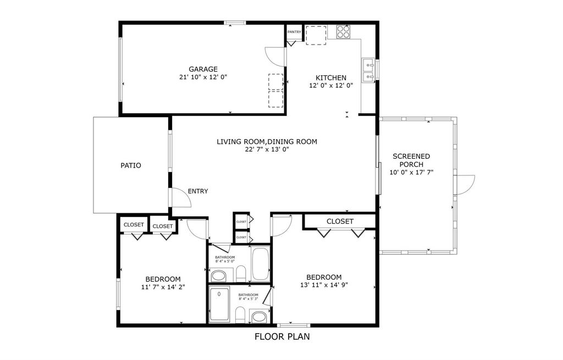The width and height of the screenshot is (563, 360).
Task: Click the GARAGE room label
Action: pyautogui.click(x=203, y=69)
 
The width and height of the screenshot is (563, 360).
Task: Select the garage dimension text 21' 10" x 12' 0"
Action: pyautogui.click(x=203, y=77)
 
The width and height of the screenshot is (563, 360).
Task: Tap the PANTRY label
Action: pyautogui.click(x=294, y=32)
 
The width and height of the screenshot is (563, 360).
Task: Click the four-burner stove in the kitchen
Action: pyautogui.click(x=343, y=32)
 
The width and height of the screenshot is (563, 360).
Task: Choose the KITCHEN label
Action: pyautogui.click(x=330, y=77)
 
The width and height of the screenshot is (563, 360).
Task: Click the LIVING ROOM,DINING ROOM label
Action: pyautogui.click(x=267, y=141)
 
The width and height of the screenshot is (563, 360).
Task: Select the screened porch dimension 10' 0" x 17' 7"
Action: pyautogui.click(x=411, y=172)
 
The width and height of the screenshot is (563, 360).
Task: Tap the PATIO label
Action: pyautogui.click(x=131, y=165)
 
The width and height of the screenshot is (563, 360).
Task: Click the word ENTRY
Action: pyautogui.click(x=198, y=191)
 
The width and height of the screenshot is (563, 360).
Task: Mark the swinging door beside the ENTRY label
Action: pyautogui.click(x=180, y=197)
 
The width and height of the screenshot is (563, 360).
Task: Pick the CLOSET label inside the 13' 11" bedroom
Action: pyautogui.click(x=340, y=221)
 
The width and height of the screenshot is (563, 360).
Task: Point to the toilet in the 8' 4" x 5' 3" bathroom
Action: pyautogui.click(x=239, y=315)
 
